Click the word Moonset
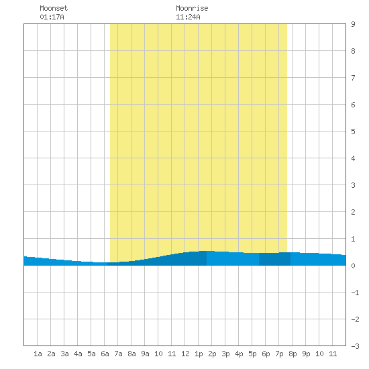point(54,8)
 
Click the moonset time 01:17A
point(52,17)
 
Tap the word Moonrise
point(192,8)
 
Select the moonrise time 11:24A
point(188,17)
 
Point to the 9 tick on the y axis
point(353,24)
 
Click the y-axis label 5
point(353,131)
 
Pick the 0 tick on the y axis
point(353,266)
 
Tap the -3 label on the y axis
point(355,346)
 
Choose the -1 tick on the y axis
point(355,293)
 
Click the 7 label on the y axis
point(353,78)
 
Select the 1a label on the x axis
point(38,354)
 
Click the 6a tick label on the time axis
point(105,354)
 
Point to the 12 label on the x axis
point(185,354)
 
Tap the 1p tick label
point(199,354)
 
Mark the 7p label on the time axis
point(279,354)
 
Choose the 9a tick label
point(145,354)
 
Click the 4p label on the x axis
point(239,354)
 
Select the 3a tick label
point(64,354)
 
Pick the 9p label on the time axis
point(306,354)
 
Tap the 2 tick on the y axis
point(353,212)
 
